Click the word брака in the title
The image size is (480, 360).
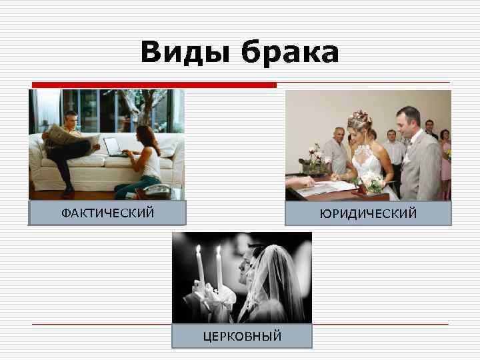click(290, 53)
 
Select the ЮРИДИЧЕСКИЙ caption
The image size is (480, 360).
click(368, 213)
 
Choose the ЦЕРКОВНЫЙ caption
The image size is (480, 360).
click(242, 335)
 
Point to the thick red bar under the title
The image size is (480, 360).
click(154, 85)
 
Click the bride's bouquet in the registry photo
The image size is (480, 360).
click(371, 182)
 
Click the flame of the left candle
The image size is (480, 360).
click(199, 251)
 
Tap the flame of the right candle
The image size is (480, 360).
click(218, 252)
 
